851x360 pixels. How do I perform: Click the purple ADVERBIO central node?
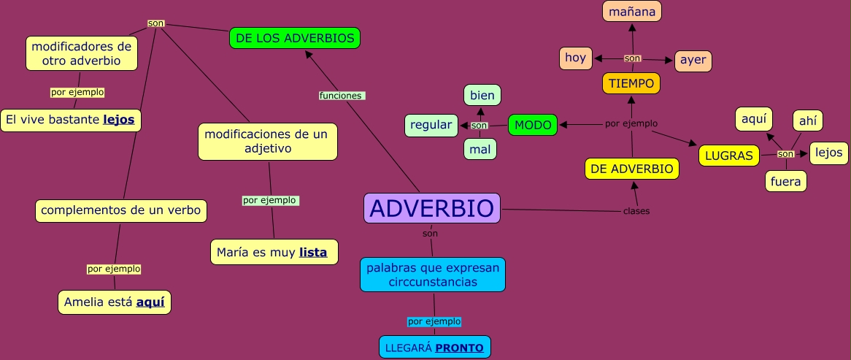point(432,208)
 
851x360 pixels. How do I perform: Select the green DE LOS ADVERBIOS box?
point(295,38)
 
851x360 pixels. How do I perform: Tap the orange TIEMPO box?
point(631,83)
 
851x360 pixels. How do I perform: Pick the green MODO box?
point(532,125)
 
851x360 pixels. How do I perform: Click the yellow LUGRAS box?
point(729,156)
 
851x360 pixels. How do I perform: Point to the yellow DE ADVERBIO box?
point(632,169)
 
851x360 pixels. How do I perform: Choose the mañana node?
point(632,12)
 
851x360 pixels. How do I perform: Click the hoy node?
point(576,58)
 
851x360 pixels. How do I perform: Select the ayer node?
point(693,61)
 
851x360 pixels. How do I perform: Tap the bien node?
point(482,95)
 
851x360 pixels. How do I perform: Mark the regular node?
point(431,125)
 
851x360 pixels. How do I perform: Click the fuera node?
point(786,181)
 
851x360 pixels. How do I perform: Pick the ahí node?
point(808,120)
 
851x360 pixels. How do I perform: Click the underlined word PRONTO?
point(459,348)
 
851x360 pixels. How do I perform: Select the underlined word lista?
point(313,253)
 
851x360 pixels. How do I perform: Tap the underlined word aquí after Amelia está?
point(150,302)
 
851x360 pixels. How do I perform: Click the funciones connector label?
point(340,96)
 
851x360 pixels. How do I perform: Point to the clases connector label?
point(636,212)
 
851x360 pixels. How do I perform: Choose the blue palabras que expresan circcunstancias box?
point(433,275)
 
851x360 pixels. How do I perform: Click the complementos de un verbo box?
point(121,210)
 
